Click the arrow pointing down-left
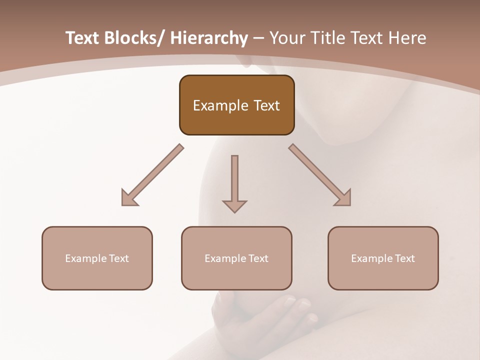[153, 175]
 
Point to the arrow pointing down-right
[319, 174]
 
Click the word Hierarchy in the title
[209, 38]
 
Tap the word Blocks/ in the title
[133, 38]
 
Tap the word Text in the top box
[266, 105]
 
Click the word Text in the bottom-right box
[404, 258]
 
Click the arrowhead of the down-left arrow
[129, 198]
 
